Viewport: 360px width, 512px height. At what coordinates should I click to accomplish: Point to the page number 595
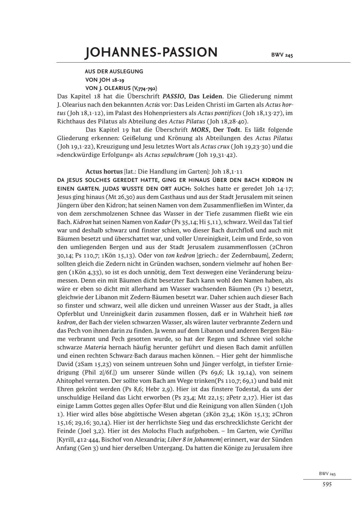[327, 484]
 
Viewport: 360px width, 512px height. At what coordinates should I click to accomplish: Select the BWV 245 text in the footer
[327, 474]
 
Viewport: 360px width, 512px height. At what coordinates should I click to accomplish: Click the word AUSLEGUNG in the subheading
[127, 71]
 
